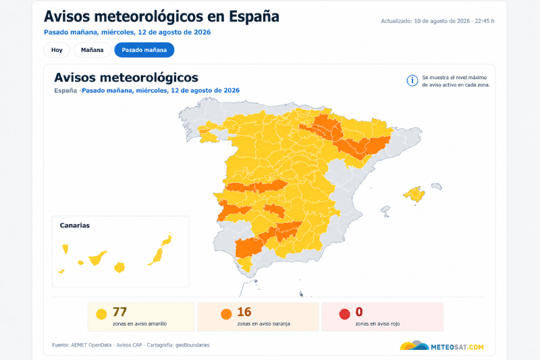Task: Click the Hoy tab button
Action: tap(57, 50)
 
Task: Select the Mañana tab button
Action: tap(92, 50)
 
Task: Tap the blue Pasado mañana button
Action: tap(144, 50)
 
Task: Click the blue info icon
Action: tap(412, 80)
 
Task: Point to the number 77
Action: tap(120, 312)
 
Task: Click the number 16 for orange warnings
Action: tap(244, 312)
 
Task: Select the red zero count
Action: tap(359, 312)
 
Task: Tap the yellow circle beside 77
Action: tap(101, 314)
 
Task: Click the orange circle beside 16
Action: tap(226, 314)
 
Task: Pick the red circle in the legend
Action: tap(344, 314)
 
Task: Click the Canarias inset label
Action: tap(75, 226)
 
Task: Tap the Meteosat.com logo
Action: tap(442, 346)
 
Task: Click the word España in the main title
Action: tap(254, 16)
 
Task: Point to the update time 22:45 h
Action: tap(485, 21)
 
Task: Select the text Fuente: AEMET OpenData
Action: tap(82, 345)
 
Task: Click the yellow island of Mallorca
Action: tap(414, 195)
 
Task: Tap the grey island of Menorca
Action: tap(436, 186)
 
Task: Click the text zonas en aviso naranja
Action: tap(263, 324)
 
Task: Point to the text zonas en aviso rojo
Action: tap(377, 324)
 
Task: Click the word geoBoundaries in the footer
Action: tap(192, 345)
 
